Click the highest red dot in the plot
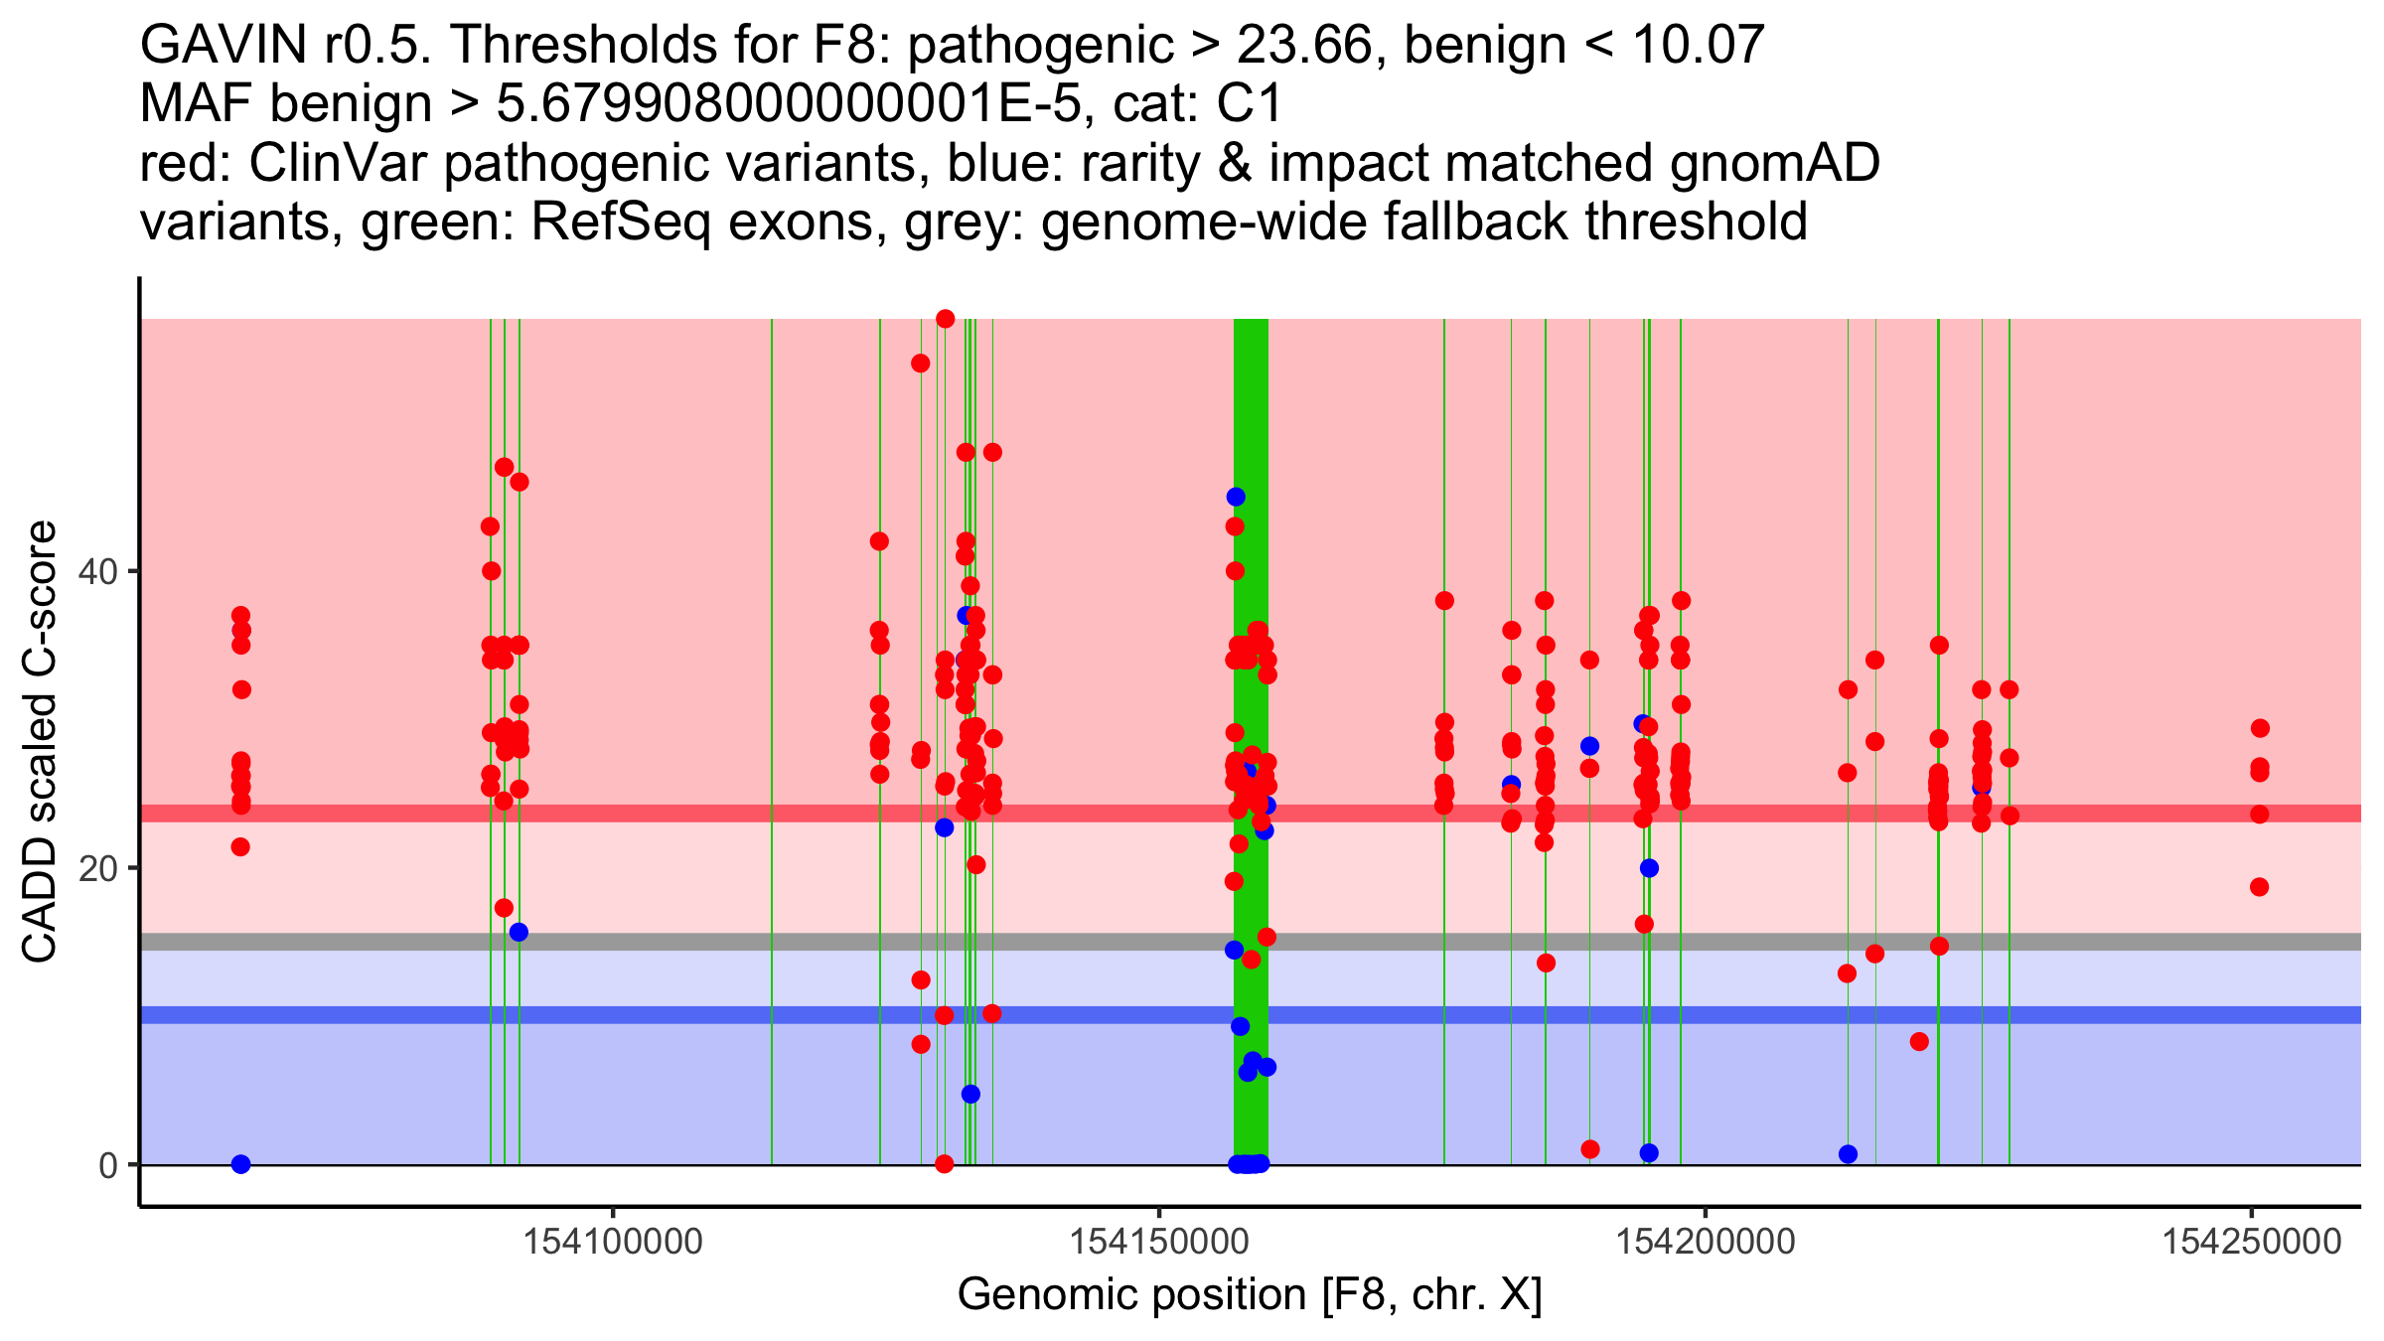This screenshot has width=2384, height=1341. click(946, 319)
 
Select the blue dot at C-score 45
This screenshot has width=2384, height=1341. click(1236, 497)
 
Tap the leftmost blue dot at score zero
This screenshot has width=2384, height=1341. click(240, 1164)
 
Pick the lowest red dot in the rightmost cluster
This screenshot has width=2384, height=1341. click(2260, 887)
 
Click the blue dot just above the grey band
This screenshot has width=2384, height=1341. click(519, 932)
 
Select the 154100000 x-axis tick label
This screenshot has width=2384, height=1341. click(613, 1242)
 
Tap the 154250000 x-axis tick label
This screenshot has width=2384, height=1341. click(2252, 1242)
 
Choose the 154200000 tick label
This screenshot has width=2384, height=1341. click(1706, 1242)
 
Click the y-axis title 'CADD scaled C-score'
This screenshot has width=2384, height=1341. click(40, 742)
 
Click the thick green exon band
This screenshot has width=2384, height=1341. click(1251, 741)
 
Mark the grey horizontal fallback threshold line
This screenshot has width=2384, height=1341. click(1251, 942)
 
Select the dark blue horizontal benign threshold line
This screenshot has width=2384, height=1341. click(1251, 1015)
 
